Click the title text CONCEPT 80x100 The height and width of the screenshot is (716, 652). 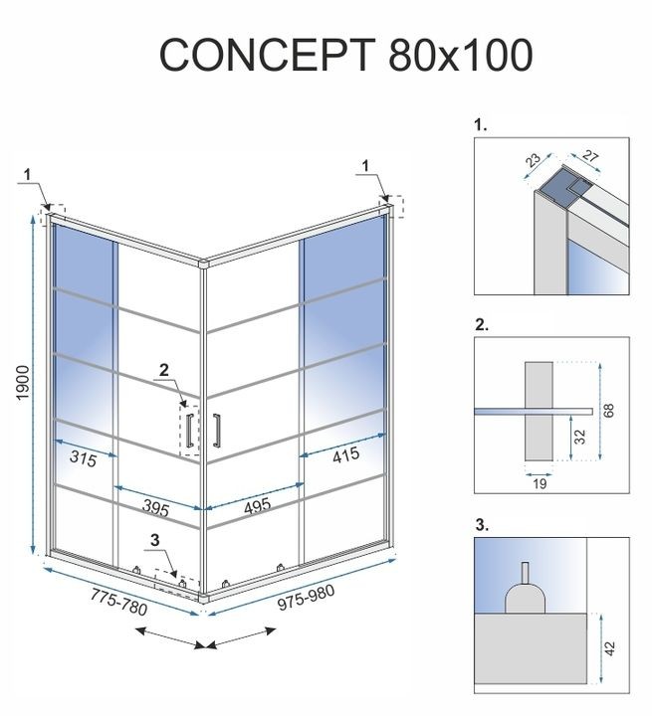345,56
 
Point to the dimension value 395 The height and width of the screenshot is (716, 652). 154,507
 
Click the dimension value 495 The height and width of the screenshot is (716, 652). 257,507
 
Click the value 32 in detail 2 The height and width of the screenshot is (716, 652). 578,436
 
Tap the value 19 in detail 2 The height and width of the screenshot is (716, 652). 540,483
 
